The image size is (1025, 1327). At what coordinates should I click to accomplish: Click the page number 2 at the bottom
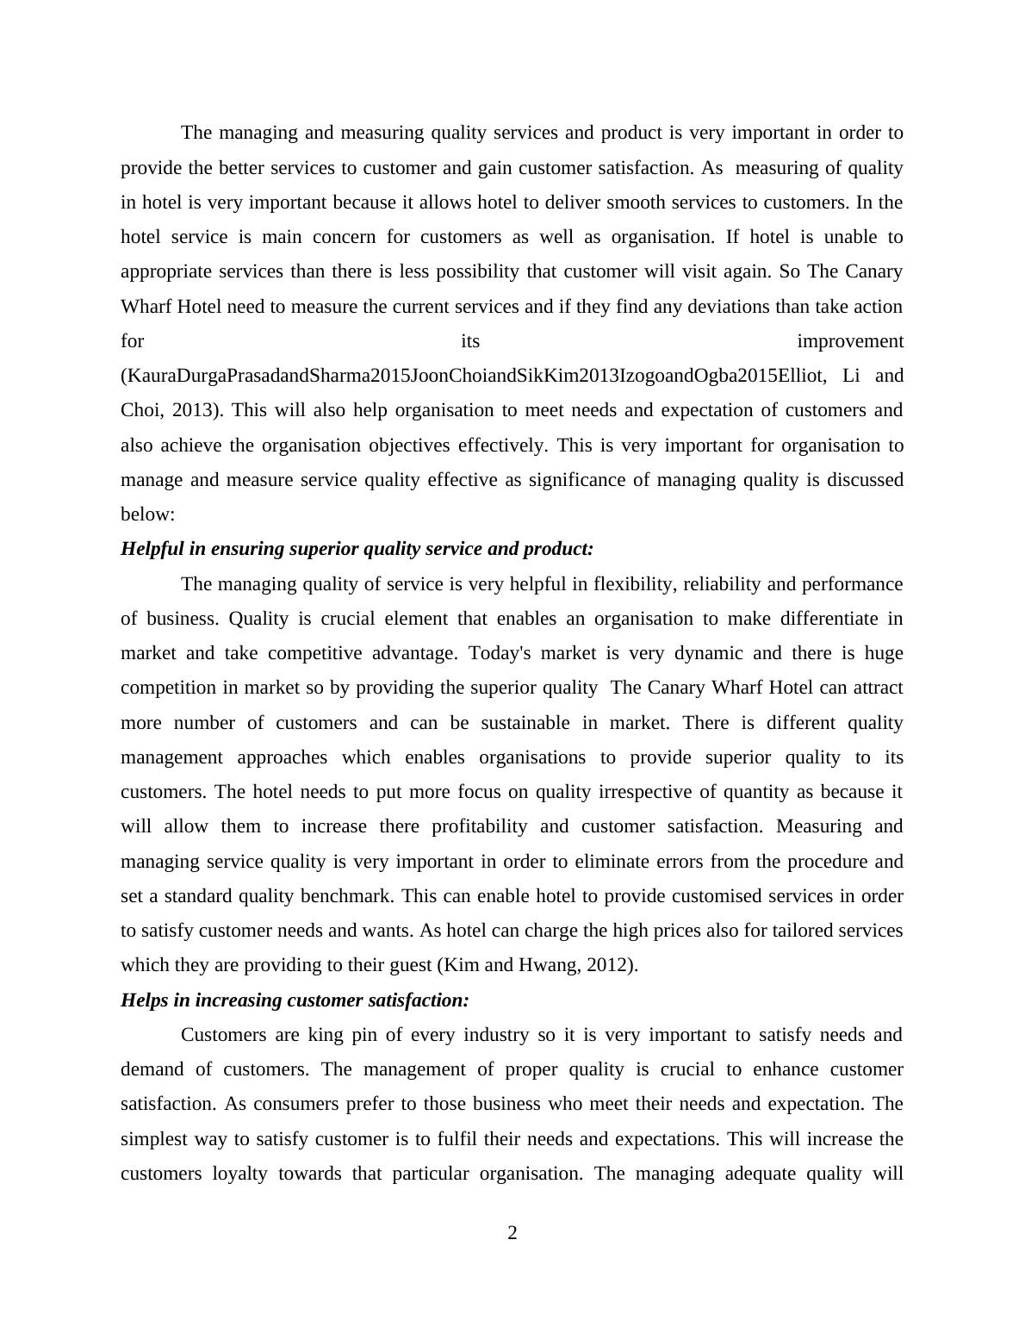pos(512,1233)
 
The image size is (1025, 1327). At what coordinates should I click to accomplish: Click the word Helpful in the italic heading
pos(148,549)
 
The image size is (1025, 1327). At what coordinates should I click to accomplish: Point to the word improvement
pos(850,341)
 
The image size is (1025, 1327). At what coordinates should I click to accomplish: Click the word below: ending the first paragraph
pos(147,514)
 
